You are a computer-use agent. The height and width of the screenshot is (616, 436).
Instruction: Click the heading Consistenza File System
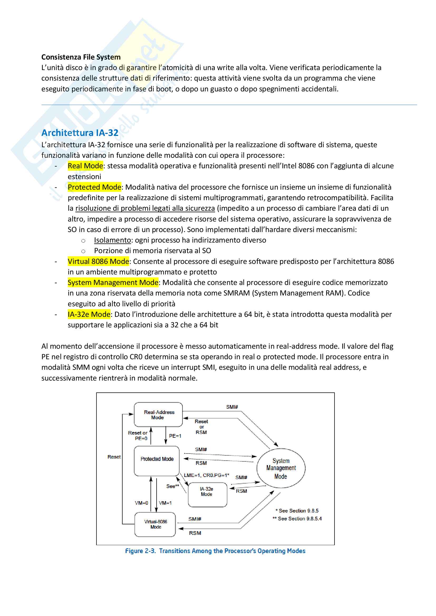[x=81, y=57]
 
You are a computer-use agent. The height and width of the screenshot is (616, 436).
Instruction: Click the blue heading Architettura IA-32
[x=80, y=133]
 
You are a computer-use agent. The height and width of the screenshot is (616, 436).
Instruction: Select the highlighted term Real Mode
[x=85, y=166]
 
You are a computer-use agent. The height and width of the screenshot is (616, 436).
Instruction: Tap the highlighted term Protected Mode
[x=94, y=187]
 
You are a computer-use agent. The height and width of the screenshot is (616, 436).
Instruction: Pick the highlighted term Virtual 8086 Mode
[x=98, y=261]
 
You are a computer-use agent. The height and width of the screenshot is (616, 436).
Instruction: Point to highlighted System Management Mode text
[x=113, y=283]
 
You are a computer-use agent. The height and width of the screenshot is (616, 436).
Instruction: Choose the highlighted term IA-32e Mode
[x=89, y=314]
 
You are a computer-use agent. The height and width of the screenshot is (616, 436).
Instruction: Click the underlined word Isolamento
[x=112, y=240]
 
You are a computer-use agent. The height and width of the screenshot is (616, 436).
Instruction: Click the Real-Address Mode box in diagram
[x=158, y=415]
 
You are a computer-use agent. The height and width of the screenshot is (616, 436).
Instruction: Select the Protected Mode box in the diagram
[x=157, y=461]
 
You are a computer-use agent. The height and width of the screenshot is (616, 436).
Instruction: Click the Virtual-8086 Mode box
[x=155, y=524]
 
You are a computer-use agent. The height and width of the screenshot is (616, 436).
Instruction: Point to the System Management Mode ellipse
[x=281, y=469]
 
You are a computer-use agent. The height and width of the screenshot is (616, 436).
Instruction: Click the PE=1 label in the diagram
[x=175, y=436]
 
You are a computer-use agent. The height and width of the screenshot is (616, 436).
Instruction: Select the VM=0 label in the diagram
[x=142, y=503]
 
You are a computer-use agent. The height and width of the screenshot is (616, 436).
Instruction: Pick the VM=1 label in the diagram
[x=165, y=503]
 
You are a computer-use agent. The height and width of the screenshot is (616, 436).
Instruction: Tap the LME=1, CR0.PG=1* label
[x=206, y=475]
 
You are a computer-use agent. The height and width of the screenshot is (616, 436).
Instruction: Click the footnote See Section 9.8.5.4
[x=297, y=519]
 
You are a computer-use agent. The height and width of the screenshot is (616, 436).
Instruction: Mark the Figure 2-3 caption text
[x=215, y=551]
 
